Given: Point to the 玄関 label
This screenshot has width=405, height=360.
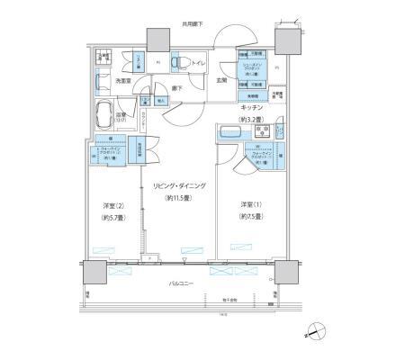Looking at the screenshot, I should pyautogui.click(x=220, y=81).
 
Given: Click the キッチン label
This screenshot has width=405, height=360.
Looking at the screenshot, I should pyautogui.click(x=252, y=106).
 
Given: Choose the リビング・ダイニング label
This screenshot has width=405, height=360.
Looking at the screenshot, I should pyautogui.click(x=186, y=185).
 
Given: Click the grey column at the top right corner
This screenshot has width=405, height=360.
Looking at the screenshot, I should pyautogui.click(x=287, y=40).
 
